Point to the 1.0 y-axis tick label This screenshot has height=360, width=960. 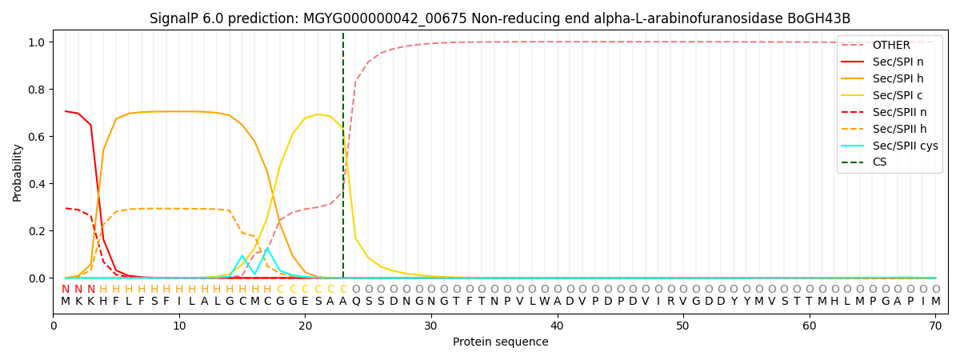39,42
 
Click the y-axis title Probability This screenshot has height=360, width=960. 18,172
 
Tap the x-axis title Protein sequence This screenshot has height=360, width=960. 501,342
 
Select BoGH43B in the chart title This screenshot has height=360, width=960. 823,18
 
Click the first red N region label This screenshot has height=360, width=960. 66,289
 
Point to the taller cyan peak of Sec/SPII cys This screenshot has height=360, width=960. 267,248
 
